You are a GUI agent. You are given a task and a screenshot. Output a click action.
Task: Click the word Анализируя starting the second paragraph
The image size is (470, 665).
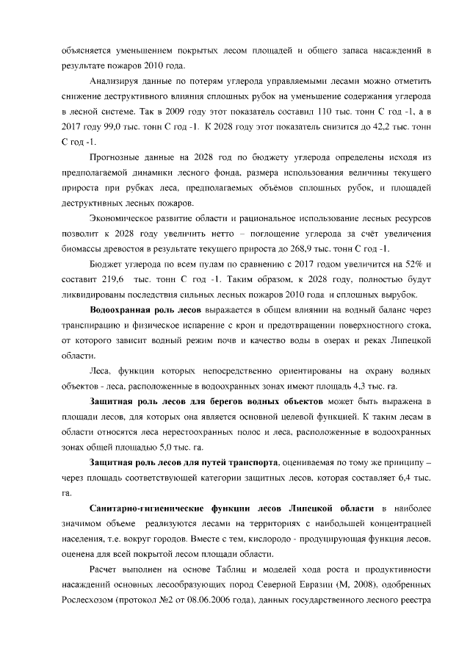tap(114, 81)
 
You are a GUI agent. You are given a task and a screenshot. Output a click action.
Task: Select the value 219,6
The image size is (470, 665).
tap(100, 281)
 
